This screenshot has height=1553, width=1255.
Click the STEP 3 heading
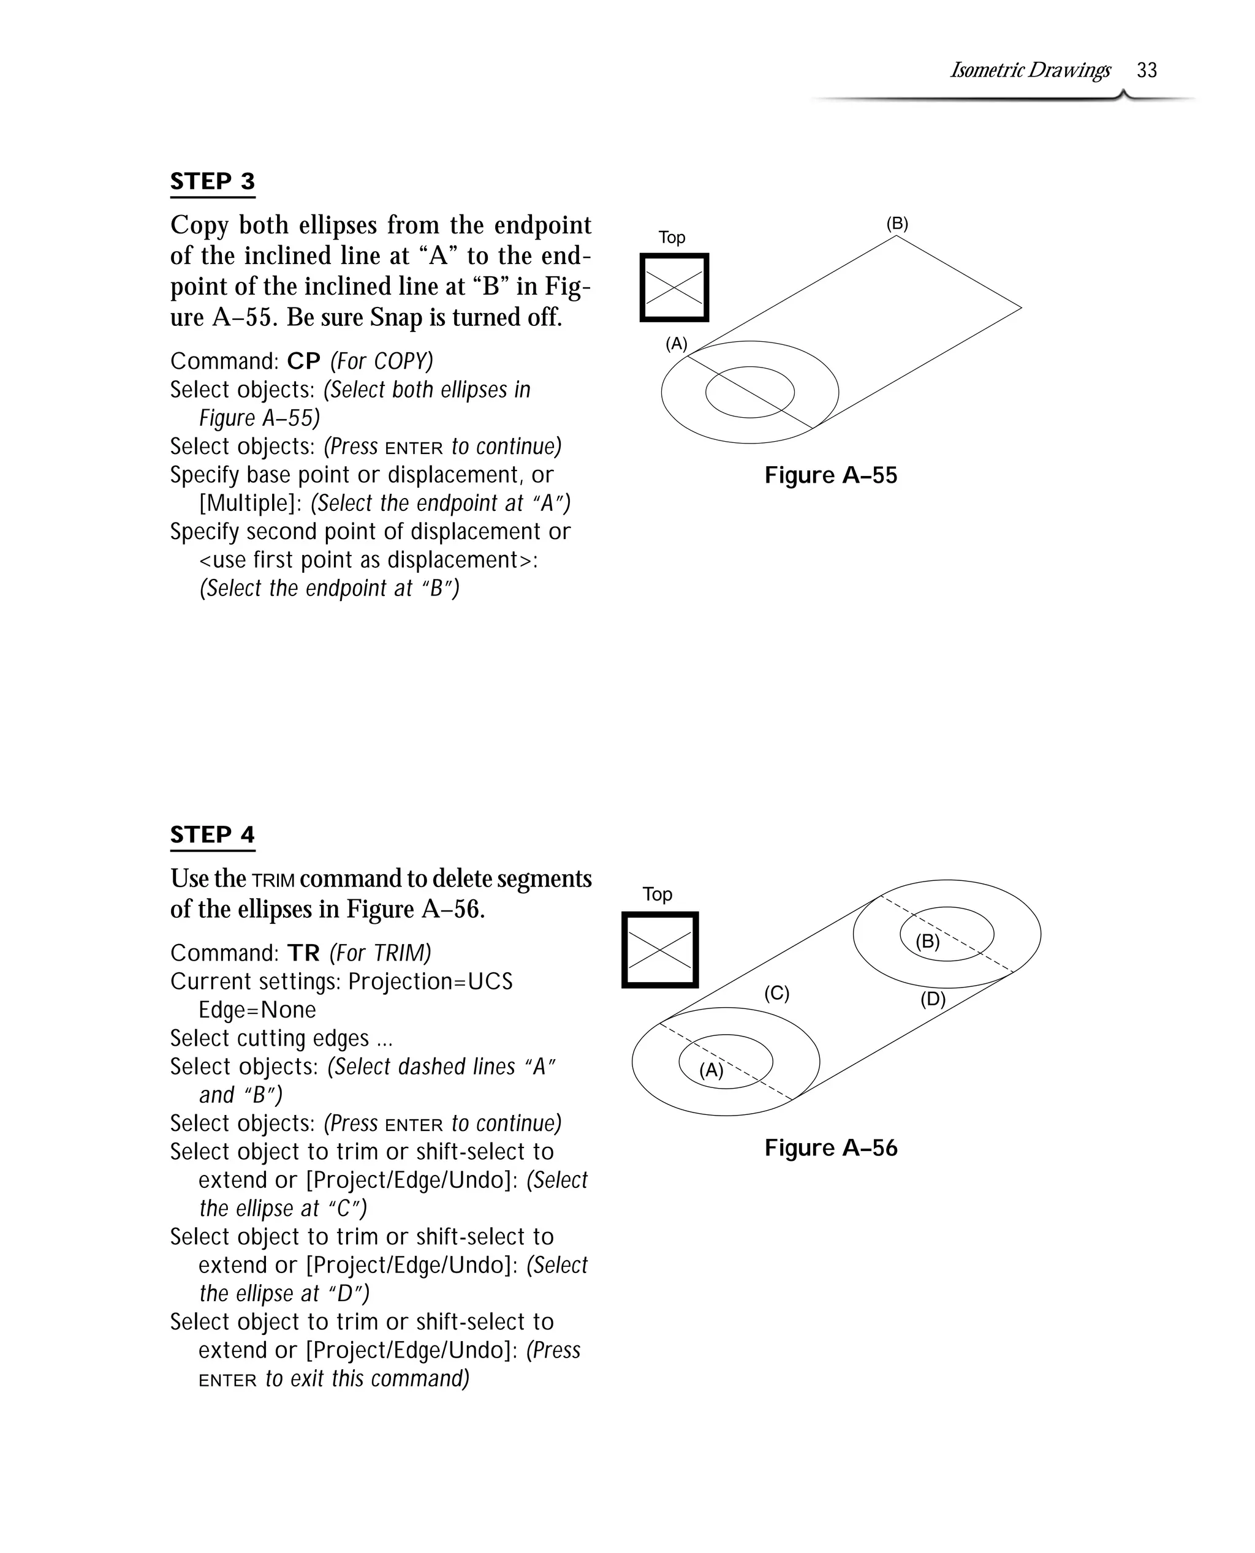click(213, 181)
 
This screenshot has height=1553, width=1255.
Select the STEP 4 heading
click(213, 834)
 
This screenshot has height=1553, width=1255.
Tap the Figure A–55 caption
click(831, 475)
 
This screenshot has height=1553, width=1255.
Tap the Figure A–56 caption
click(831, 1147)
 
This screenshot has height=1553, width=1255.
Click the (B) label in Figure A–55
click(897, 224)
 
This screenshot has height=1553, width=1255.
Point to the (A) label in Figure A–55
click(676, 344)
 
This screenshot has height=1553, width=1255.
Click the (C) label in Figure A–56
click(776, 993)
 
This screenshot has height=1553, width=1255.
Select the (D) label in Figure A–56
click(933, 999)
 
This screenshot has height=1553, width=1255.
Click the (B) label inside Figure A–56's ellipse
click(928, 942)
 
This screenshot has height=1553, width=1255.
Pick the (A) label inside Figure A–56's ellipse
click(711, 1070)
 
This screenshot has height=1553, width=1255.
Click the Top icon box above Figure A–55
click(674, 287)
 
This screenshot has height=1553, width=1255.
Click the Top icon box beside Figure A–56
click(659, 950)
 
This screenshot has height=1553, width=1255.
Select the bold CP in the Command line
click(303, 361)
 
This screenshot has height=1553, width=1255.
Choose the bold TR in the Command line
click(303, 953)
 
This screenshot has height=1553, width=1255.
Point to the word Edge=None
click(257, 1010)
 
